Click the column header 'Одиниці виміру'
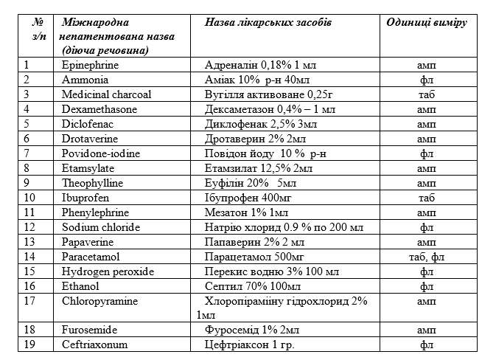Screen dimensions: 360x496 pyautogui.click(x=426, y=21)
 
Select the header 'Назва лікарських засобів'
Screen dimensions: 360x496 pyautogui.click(x=268, y=21)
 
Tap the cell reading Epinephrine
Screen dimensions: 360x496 pyautogui.click(x=91, y=65)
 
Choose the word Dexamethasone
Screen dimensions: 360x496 pyautogui.click(x=100, y=109)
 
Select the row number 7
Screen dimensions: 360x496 pyautogui.click(x=27, y=153)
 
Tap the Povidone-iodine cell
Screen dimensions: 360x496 pyautogui.click(x=101, y=153)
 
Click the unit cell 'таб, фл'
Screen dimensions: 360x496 pyautogui.click(x=426, y=257)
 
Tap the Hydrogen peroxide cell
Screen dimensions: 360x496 pyautogui.click(x=108, y=271)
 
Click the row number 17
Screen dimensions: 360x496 pyautogui.click(x=29, y=301)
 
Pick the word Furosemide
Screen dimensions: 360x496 pyautogui.click(x=90, y=330)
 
